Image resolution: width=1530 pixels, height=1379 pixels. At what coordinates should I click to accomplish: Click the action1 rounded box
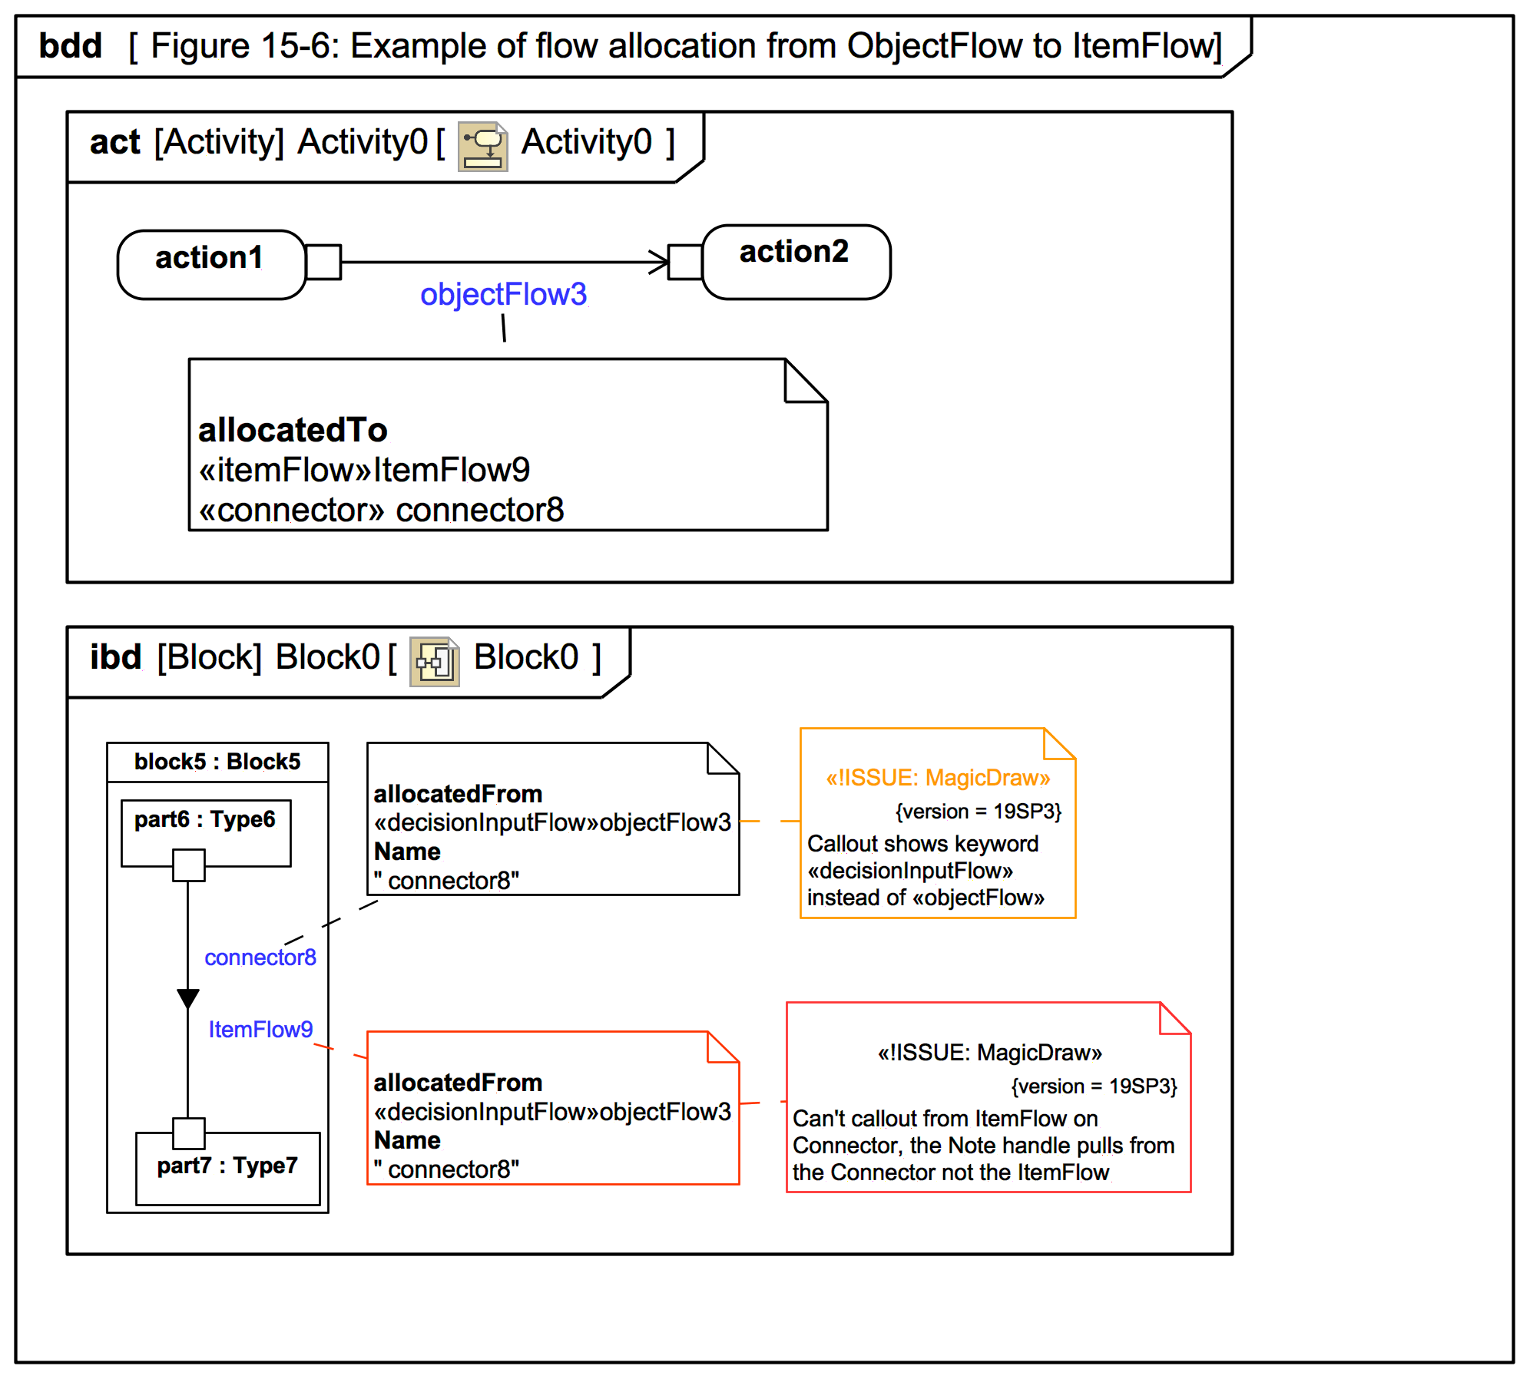[x=211, y=264]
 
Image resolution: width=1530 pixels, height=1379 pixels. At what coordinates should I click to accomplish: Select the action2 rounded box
[x=796, y=262]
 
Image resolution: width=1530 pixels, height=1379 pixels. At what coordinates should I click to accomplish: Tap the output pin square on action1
[x=323, y=263]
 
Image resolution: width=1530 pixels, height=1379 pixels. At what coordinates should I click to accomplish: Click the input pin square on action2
[x=685, y=263]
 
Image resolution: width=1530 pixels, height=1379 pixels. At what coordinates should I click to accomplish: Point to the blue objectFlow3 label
[x=504, y=294]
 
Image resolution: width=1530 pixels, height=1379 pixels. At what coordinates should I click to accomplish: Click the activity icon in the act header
[x=483, y=146]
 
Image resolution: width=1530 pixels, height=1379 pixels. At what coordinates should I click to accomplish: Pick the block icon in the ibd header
[x=435, y=661]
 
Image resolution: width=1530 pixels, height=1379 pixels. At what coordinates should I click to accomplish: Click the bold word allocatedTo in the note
[x=293, y=430]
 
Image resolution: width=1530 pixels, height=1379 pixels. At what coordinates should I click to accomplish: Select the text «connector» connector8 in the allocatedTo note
[x=382, y=510]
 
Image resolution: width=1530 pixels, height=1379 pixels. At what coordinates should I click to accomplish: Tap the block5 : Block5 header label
[x=217, y=762]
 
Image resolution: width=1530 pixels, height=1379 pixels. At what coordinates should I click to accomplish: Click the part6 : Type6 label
[x=205, y=819]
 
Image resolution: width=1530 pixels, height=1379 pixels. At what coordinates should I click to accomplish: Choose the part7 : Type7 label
[x=227, y=1166]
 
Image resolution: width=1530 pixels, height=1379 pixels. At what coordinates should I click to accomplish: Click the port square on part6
[x=188, y=865]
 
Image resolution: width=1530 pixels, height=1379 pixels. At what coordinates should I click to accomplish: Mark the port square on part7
[x=188, y=1133]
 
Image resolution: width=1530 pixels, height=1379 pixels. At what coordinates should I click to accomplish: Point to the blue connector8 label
[x=260, y=957]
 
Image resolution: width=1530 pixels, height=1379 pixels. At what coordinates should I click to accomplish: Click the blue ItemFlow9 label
[x=261, y=1030]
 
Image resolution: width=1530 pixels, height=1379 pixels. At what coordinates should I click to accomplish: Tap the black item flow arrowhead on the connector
[x=188, y=999]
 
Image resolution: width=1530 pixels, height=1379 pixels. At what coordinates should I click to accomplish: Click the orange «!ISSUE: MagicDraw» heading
[x=938, y=778]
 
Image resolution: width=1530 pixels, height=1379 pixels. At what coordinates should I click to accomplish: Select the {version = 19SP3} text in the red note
[x=1095, y=1086]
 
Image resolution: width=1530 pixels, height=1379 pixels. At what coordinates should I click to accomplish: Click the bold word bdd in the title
[x=71, y=46]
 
